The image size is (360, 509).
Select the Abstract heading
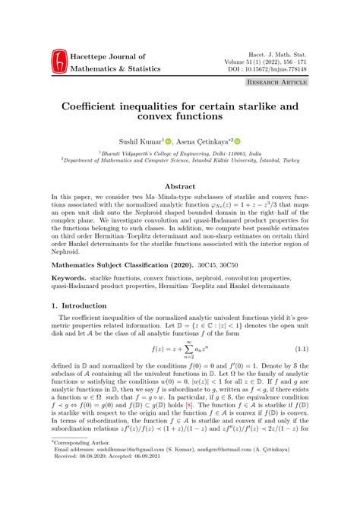[180, 185]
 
